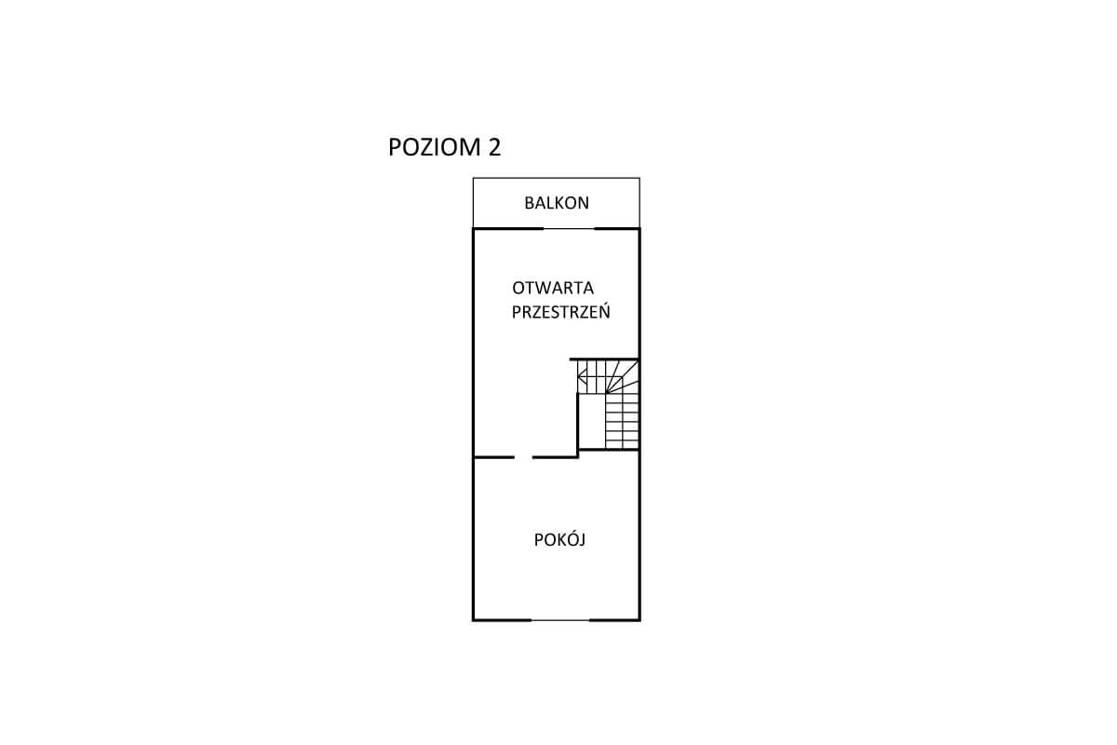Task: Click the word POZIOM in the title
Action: tap(434, 147)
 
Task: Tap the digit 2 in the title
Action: tap(494, 147)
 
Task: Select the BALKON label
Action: tap(557, 203)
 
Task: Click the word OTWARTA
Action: tap(553, 288)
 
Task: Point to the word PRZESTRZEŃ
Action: tap(561, 311)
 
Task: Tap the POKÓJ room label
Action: tap(559, 539)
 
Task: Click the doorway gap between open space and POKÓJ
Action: tap(523, 457)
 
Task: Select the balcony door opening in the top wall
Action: tap(569, 228)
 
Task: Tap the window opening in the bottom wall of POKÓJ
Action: tap(560, 620)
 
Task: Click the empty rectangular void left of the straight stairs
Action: tap(592, 422)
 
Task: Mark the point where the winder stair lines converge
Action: tap(606, 393)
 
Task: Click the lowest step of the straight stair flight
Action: tap(623, 444)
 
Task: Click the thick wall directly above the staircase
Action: tap(604, 359)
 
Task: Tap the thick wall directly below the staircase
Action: tap(609, 450)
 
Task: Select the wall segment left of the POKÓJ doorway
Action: tap(493, 457)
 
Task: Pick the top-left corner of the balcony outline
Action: tap(473, 178)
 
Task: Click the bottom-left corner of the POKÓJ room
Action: tap(473, 620)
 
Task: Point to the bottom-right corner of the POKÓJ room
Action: tap(639, 620)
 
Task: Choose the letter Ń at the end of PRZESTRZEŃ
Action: tap(604, 310)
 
